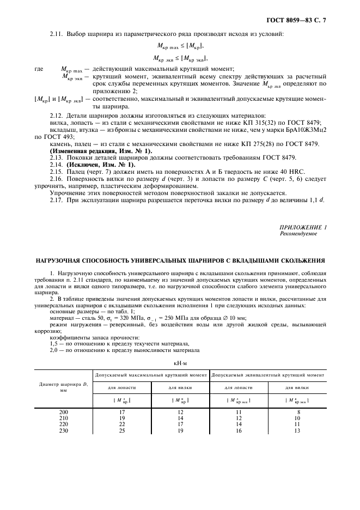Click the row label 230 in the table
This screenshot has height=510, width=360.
[64, 430]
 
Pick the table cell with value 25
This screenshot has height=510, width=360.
[122, 430]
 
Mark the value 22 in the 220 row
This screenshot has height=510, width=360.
[122, 424]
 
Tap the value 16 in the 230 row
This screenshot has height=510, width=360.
[238, 430]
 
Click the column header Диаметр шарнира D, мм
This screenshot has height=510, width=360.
[64, 387]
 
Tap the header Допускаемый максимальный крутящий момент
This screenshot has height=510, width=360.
[151, 375]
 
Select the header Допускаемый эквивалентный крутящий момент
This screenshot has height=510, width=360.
[268, 375]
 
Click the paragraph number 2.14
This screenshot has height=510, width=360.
[57, 164]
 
